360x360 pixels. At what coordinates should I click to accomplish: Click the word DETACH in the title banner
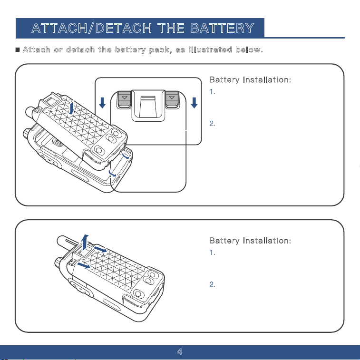124,28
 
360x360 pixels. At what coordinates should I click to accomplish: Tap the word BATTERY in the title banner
222,28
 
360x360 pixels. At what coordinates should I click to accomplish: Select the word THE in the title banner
171,28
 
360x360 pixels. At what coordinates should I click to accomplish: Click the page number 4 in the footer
180,351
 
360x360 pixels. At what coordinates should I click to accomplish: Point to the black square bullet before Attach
18,49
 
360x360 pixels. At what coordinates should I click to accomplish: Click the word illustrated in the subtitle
210,49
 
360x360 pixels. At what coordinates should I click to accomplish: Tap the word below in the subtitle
249,49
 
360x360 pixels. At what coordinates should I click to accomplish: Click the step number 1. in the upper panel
213,92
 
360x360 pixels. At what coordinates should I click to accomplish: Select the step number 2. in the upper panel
213,124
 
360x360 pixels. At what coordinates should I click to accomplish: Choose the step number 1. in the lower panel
213,253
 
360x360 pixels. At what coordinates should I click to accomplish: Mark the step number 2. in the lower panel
213,284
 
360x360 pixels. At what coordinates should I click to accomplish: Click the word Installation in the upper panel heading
267,80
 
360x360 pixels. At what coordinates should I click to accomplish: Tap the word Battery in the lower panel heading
224,241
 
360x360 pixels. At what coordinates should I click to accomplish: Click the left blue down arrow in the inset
102,103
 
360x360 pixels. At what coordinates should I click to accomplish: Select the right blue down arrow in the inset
194,103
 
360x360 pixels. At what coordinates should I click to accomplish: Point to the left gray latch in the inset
124,99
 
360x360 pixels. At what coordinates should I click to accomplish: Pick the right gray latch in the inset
172,99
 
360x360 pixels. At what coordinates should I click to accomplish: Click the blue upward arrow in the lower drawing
85,243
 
